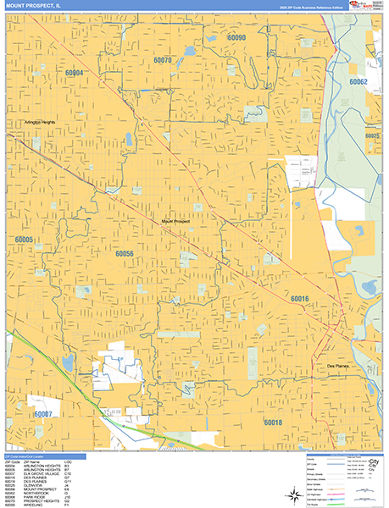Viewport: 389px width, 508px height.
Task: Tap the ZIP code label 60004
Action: click(75, 74)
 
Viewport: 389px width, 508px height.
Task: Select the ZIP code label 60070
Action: click(162, 60)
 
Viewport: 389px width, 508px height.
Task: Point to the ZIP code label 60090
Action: click(236, 38)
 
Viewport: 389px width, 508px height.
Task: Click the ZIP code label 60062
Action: click(357, 82)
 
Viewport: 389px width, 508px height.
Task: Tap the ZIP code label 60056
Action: click(125, 254)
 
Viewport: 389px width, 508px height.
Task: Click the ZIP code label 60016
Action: click(299, 299)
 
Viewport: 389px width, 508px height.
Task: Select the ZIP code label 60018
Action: click(272, 422)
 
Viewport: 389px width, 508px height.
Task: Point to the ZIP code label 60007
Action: click(44, 413)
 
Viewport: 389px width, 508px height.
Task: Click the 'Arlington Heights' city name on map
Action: click(35, 123)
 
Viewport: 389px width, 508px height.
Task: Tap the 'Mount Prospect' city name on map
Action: click(175, 222)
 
